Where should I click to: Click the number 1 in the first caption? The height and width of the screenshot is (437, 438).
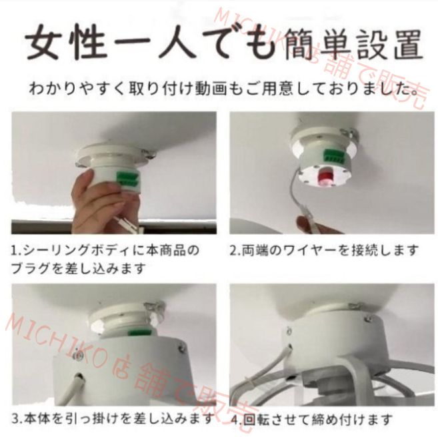(14, 252)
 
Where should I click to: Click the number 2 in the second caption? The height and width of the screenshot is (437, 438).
(234, 252)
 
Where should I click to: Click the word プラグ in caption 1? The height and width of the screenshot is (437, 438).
(30, 269)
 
